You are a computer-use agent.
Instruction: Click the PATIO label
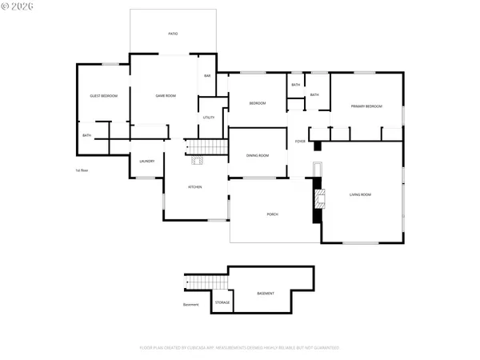[x=173, y=34]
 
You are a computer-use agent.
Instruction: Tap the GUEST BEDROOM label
[x=103, y=96]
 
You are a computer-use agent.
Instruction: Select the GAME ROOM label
[x=166, y=96]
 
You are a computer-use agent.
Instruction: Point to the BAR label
[x=207, y=76]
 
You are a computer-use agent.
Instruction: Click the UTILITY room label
[x=208, y=118]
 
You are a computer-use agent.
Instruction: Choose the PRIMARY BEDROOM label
[x=366, y=106]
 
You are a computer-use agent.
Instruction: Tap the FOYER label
[x=300, y=142]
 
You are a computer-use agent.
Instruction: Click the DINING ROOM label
[x=257, y=155]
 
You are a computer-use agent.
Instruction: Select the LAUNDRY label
[x=147, y=162]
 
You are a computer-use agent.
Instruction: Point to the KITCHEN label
[x=194, y=187]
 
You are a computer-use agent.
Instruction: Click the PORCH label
[x=273, y=214]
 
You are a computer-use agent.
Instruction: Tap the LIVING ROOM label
[x=360, y=194]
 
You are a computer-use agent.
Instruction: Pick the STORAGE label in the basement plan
[x=222, y=302]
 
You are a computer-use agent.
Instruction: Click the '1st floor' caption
[x=81, y=170]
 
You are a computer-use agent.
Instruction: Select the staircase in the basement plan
[x=197, y=282]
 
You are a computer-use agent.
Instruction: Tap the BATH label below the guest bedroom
[x=86, y=135]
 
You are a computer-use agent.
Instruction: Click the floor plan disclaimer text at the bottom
[x=240, y=348]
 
